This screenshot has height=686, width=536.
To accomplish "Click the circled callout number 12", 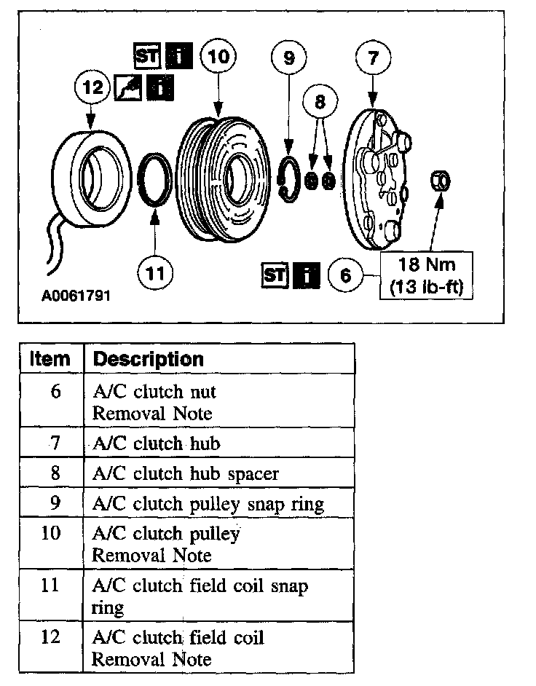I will (91, 88).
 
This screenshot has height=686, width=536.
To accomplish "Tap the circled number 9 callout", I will (289, 58).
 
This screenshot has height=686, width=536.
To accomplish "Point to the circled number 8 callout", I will (319, 103).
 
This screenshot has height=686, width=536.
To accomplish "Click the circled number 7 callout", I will (374, 58).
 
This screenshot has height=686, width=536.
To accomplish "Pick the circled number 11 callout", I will (155, 274).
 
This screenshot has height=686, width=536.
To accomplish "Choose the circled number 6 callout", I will (345, 275).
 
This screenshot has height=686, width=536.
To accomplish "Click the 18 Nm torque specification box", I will (427, 275).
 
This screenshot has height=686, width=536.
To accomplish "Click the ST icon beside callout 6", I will (274, 275).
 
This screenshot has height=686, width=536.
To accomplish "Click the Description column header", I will (149, 358).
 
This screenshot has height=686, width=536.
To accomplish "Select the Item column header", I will (50, 358).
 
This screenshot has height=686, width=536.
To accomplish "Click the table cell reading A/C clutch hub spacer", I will (186, 473).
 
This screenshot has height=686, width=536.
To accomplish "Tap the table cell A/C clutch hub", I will (157, 443).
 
